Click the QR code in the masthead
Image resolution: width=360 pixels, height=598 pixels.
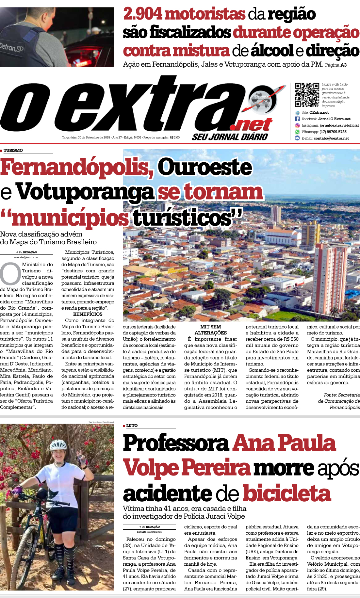click(x=307, y=95)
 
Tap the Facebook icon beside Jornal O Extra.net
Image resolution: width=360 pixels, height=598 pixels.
click(x=297, y=119)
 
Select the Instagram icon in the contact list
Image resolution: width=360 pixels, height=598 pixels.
click(x=297, y=125)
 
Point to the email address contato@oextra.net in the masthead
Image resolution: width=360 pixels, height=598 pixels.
click(x=331, y=138)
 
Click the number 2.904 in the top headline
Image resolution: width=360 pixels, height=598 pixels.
click(x=143, y=14)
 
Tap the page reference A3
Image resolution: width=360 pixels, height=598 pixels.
click(x=343, y=65)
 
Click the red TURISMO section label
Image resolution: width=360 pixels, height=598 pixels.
click(x=13, y=151)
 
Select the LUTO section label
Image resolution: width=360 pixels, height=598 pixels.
click(x=132, y=426)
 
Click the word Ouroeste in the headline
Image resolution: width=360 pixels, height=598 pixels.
click(x=205, y=167)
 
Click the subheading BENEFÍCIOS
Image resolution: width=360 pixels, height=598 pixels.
click(x=88, y=314)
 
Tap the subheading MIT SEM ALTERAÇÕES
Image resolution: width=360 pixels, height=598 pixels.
click(x=211, y=330)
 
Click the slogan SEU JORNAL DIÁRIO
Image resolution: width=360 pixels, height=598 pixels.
click(x=230, y=137)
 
